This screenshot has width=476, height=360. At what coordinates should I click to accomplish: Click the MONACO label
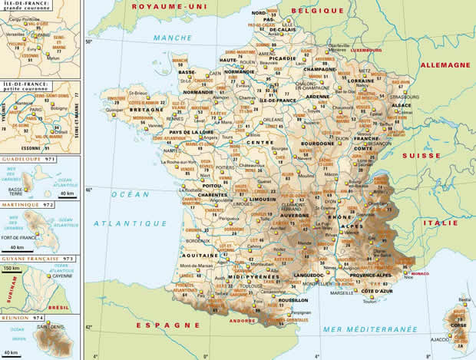tap(421, 274)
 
